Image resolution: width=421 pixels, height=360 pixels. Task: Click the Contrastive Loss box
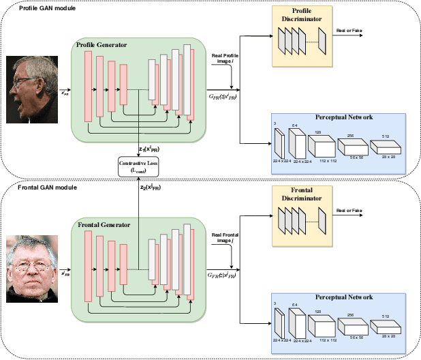(x=140, y=165)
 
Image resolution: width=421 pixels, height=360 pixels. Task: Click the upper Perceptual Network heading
(x=343, y=117)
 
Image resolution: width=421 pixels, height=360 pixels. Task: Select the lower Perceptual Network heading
(x=343, y=297)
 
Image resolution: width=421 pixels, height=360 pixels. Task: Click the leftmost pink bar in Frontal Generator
(x=87, y=265)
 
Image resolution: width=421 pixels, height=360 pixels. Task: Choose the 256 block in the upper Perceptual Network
(x=351, y=145)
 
